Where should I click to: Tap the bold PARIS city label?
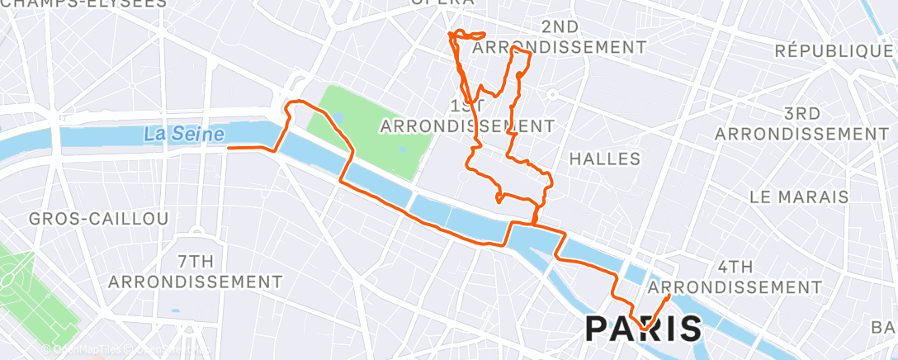pyautogui.click(x=644, y=328)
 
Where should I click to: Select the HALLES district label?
pyautogui.click(x=605, y=158)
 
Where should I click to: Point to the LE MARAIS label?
pyautogui.click(x=799, y=197)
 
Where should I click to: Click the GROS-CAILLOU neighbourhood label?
pyautogui.click(x=98, y=219)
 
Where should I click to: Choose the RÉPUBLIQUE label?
pyautogui.click(x=834, y=51)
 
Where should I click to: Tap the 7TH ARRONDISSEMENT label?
pyautogui.click(x=195, y=272)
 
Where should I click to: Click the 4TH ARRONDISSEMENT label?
pyautogui.click(x=735, y=277)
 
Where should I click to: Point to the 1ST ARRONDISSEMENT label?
pyautogui.click(x=467, y=116)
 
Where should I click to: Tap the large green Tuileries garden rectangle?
pyautogui.click(x=371, y=132)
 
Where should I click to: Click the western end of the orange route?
pyautogui.click(x=229, y=149)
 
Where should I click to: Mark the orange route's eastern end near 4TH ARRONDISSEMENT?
pyautogui.click(x=667, y=296)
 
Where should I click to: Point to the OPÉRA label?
pyautogui.click(x=443, y=3)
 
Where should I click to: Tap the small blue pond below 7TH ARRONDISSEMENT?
pyautogui.click(x=175, y=311)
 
